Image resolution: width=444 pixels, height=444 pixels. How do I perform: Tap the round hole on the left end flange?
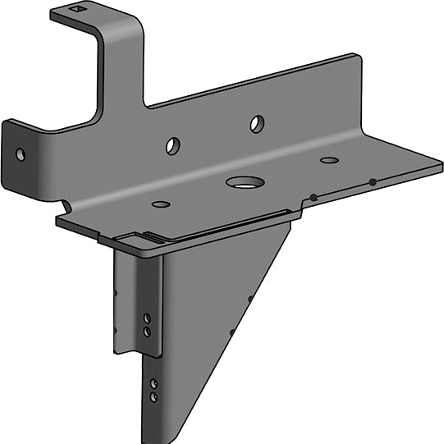(21, 153)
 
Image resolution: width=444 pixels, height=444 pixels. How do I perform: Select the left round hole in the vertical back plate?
(173, 146)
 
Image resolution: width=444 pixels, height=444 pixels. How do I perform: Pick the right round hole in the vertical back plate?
(257, 124)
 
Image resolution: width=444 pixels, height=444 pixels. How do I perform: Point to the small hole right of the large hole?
(328, 160)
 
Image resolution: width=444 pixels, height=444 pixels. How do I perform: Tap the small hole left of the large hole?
(161, 204)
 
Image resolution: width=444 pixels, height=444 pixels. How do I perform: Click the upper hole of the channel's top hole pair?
(147, 317)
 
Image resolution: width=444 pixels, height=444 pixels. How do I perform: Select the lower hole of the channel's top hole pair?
(147, 331)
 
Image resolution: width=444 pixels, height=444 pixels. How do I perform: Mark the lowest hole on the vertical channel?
(153, 396)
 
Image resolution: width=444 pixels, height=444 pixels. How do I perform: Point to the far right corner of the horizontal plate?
(440, 167)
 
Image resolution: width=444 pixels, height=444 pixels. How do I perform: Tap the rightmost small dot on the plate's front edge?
(372, 181)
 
